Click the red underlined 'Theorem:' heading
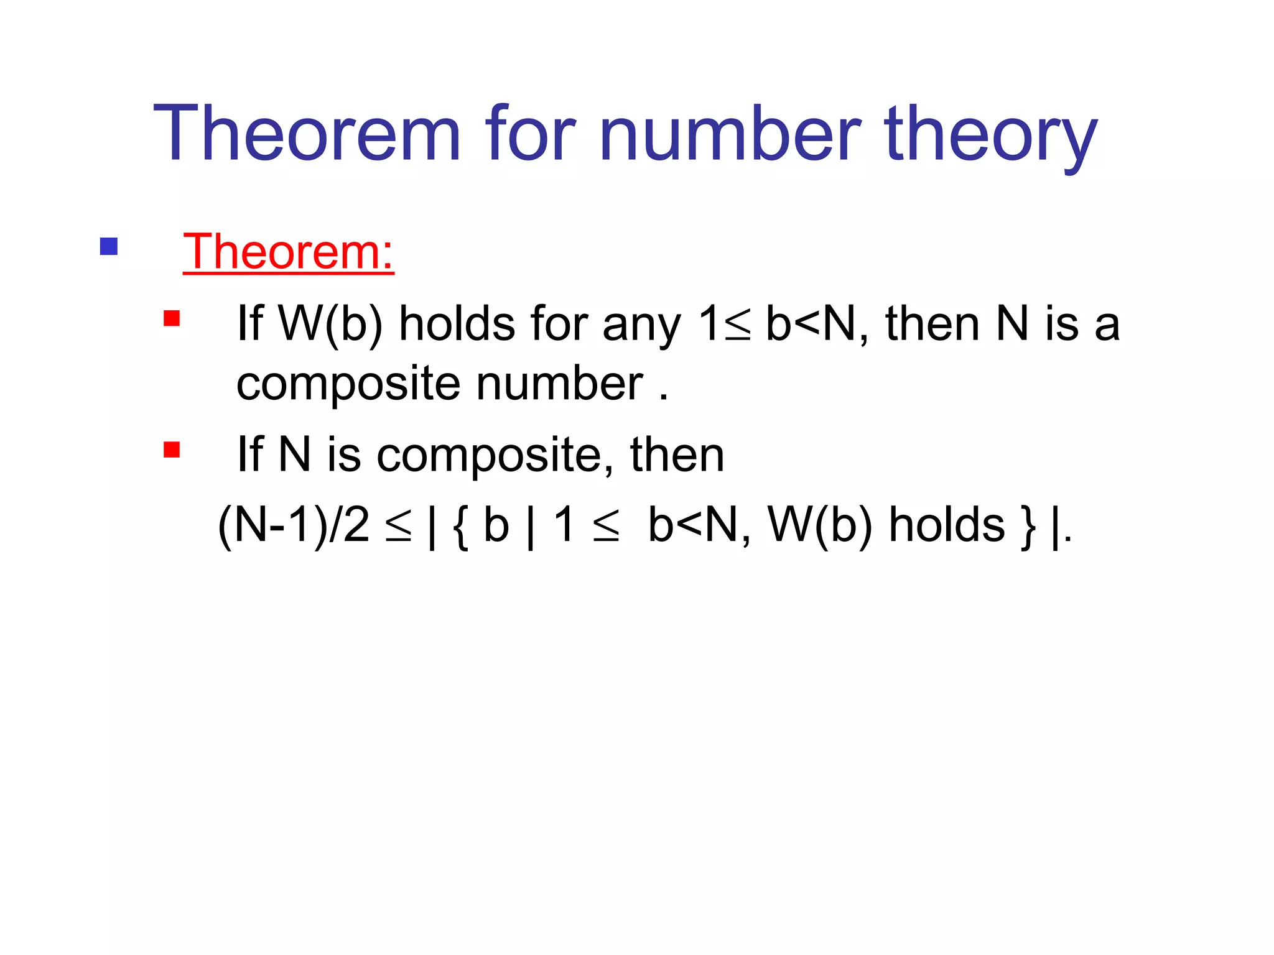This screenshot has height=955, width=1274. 288,252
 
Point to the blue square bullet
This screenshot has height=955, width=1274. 109,247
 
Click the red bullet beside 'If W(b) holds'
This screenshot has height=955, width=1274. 171,318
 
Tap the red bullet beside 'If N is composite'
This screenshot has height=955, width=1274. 171,449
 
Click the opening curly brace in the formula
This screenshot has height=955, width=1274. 460,527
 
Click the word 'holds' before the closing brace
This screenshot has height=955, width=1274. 946,524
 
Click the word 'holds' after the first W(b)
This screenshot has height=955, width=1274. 457,323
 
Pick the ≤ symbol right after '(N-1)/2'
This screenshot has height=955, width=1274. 398,527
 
